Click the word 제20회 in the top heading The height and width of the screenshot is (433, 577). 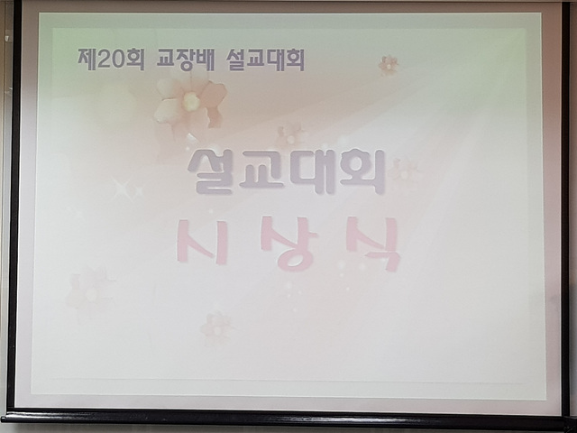tap(110, 59)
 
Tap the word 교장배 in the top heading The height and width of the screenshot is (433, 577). tap(185, 60)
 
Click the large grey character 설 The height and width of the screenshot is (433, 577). tap(210, 171)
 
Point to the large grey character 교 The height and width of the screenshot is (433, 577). tap(261, 170)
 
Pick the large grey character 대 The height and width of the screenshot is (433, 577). tap(312, 171)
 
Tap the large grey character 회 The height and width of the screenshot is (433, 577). tap(362, 171)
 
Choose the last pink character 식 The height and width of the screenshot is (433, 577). tap(373, 244)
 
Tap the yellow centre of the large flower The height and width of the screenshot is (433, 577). tap(190, 101)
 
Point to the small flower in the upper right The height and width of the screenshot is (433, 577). tap(389, 65)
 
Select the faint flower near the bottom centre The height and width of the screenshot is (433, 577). tap(215, 328)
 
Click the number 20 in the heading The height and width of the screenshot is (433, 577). tap(111, 60)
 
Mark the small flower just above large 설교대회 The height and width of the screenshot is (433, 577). tap(291, 134)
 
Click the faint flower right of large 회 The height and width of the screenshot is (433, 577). tap(404, 170)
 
